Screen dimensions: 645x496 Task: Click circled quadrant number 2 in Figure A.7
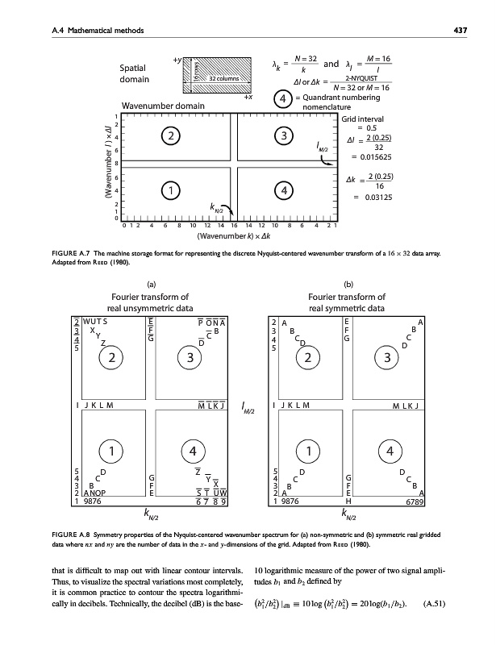(x=170, y=137)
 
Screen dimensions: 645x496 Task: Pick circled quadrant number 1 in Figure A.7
(x=170, y=190)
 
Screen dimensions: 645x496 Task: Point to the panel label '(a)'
(x=152, y=284)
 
